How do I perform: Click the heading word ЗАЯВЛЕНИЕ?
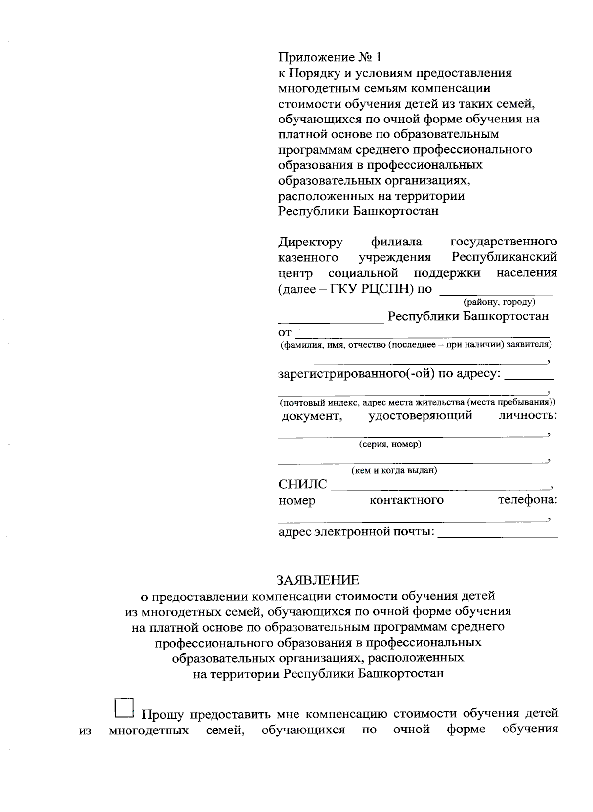(318, 579)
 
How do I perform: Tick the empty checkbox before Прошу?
(124, 707)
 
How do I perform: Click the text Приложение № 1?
(330, 57)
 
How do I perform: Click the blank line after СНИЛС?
(440, 486)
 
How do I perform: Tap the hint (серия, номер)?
(390, 444)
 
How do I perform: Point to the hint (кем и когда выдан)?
(394, 470)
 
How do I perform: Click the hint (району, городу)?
(499, 302)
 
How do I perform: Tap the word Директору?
(310, 242)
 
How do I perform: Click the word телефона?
(527, 500)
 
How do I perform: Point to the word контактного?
(406, 500)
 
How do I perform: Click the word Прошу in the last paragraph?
(163, 714)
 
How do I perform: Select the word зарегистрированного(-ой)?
(356, 374)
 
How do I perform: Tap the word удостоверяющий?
(420, 415)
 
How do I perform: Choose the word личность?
(528, 415)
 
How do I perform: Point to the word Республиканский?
(504, 257)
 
